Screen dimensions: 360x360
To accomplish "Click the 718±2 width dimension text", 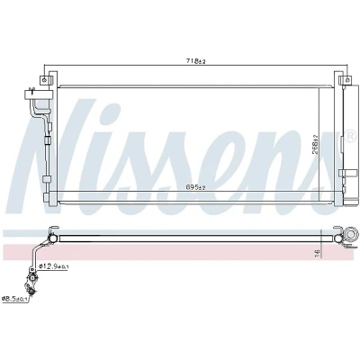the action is coord(195,61).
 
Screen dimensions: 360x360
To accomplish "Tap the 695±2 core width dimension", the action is coord(195,187).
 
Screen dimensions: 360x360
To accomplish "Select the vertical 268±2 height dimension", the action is coord(315,145).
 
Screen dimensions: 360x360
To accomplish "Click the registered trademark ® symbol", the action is coord(350,137).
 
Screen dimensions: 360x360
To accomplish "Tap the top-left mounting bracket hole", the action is coord(44,80).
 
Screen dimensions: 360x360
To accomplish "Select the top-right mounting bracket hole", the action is coord(347,80).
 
